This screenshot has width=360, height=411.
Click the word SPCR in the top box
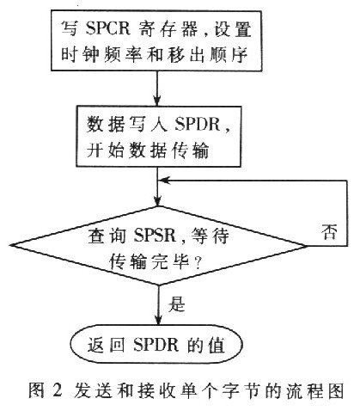(108, 28)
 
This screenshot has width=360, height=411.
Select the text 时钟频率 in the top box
(101, 53)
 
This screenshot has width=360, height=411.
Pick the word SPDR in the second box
(197, 124)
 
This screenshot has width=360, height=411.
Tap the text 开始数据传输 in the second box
(148, 150)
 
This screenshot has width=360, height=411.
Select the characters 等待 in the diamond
(211, 236)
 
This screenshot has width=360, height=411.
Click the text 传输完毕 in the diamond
(149, 261)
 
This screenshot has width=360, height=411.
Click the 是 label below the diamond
(177, 304)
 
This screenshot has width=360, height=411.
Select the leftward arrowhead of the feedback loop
(165, 181)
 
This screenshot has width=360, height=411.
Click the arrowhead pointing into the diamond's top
(157, 200)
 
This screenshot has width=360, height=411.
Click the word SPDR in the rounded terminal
(156, 344)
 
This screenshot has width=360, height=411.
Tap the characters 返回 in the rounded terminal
(106, 344)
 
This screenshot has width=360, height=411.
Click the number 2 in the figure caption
(58, 390)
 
